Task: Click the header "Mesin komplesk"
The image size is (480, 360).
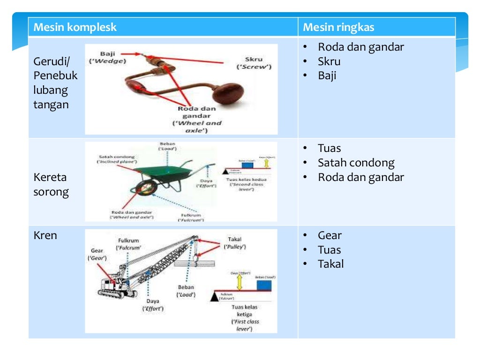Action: coord(75,27)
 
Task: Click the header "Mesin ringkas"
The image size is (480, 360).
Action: coord(338,27)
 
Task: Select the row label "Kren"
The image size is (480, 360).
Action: coord(45,235)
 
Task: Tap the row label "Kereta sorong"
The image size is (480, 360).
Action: coord(51,185)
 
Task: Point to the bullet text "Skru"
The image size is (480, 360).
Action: coord(329,61)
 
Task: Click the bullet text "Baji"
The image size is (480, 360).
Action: coord(327,76)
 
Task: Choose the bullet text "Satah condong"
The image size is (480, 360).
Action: coord(356,163)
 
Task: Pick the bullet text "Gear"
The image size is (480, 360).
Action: coord(330,235)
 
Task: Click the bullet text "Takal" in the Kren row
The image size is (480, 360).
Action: coord(330,264)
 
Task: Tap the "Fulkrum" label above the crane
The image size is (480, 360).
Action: coord(128,244)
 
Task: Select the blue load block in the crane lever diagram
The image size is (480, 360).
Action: coord(262,285)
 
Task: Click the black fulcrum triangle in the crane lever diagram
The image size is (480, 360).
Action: coord(216,296)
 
